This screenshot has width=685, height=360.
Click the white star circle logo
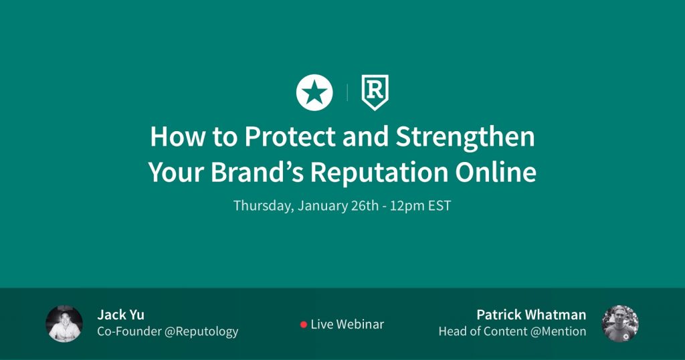click(314, 92)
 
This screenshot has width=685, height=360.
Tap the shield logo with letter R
click(375, 92)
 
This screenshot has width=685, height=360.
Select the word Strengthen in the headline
click(465, 137)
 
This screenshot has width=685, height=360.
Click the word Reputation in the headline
click(379, 173)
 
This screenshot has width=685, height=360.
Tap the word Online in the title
click(496, 172)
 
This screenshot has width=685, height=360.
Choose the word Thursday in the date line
click(263, 206)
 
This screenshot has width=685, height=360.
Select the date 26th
click(365, 206)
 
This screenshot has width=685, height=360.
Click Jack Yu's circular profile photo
click(64, 324)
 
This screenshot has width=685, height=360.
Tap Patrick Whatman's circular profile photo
click(620, 324)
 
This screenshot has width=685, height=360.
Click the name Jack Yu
click(120, 314)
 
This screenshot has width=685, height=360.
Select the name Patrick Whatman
click(531, 314)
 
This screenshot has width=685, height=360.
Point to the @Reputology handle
click(201, 332)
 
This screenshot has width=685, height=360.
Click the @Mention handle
click(559, 331)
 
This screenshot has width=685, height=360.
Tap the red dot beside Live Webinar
click(304, 324)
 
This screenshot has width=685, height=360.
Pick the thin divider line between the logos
click(347, 92)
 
